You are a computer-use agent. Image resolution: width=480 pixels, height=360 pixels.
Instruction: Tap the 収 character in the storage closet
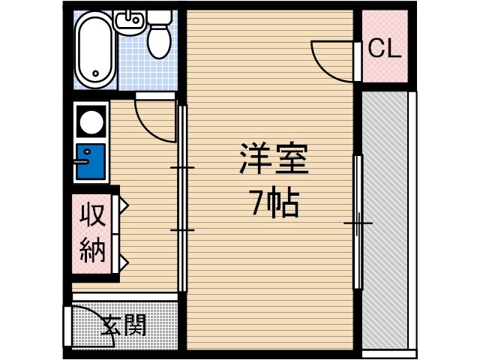[94, 215]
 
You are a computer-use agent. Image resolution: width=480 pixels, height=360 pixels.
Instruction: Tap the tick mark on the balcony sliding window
[358, 223]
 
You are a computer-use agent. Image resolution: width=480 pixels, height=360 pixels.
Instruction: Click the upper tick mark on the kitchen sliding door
[181, 166]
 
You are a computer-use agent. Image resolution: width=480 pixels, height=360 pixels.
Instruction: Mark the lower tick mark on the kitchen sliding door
[181, 229]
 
